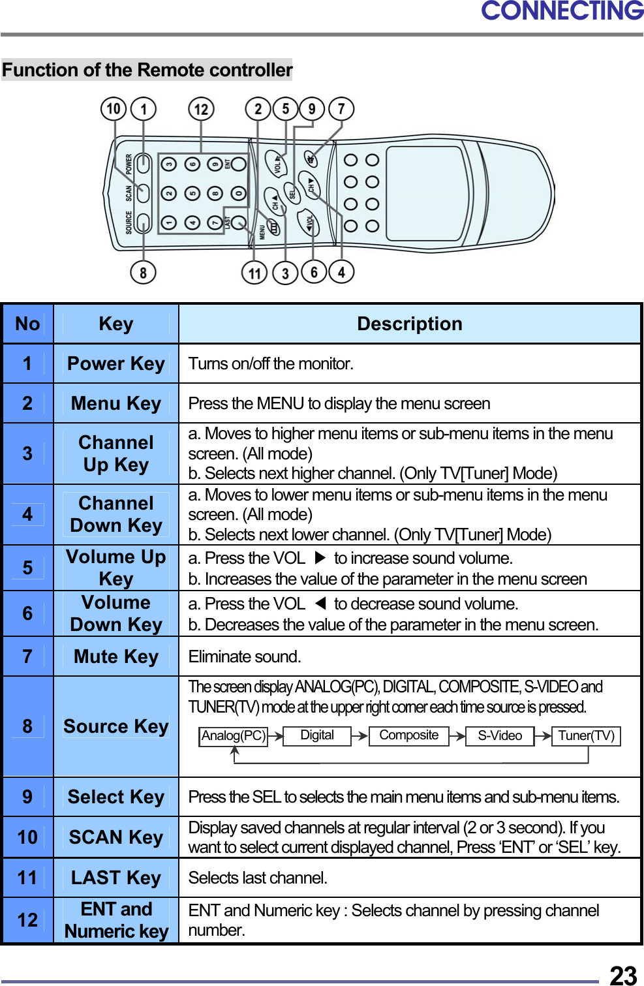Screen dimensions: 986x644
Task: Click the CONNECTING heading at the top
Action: click(x=562, y=11)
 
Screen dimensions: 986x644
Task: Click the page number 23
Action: click(x=622, y=975)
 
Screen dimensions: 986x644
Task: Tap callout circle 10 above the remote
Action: click(x=114, y=108)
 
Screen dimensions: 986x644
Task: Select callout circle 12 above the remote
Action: click(x=201, y=109)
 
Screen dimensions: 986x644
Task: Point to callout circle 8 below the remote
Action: click(x=143, y=271)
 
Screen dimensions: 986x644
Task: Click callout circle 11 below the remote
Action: click(x=254, y=273)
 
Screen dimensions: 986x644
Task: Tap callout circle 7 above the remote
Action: click(x=341, y=108)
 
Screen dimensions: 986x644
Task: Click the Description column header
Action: click(x=409, y=324)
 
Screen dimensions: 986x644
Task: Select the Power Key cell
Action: click(x=116, y=363)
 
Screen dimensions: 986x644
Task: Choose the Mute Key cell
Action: click(x=116, y=656)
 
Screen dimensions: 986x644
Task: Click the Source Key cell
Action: click(x=116, y=726)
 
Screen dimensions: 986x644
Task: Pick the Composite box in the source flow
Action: click(x=408, y=735)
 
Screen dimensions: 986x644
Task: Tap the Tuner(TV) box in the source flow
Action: click(x=586, y=736)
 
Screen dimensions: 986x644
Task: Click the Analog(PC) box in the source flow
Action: click(x=233, y=736)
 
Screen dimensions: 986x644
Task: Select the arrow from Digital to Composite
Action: click(x=360, y=736)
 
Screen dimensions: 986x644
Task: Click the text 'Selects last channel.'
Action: click(x=258, y=878)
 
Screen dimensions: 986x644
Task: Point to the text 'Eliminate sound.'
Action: click(x=245, y=656)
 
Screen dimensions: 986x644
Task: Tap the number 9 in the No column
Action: click(x=27, y=797)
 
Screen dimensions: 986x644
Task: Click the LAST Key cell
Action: click(x=116, y=878)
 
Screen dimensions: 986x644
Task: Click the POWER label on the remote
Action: click(x=129, y=164)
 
